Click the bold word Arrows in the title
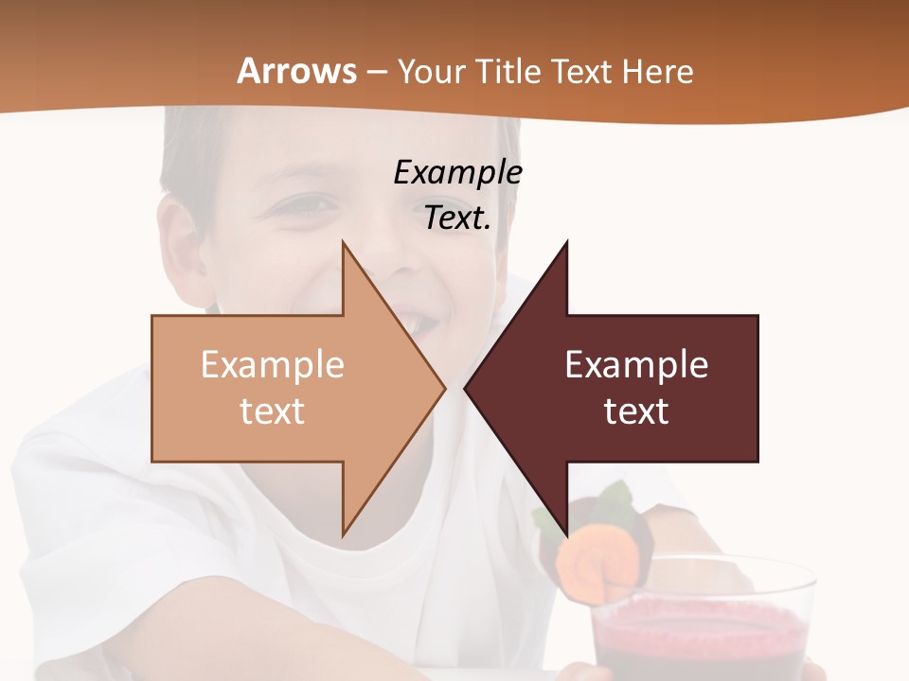click(x=296, y=71)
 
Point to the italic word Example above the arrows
click(x=457, y=172)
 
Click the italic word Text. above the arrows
click(x=457, y=218)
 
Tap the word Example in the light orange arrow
click(x=272, y=365)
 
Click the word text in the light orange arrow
click(x=272, y=410)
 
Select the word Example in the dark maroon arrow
click(x=636, y=365)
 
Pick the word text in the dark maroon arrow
click(x=636, y=410)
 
